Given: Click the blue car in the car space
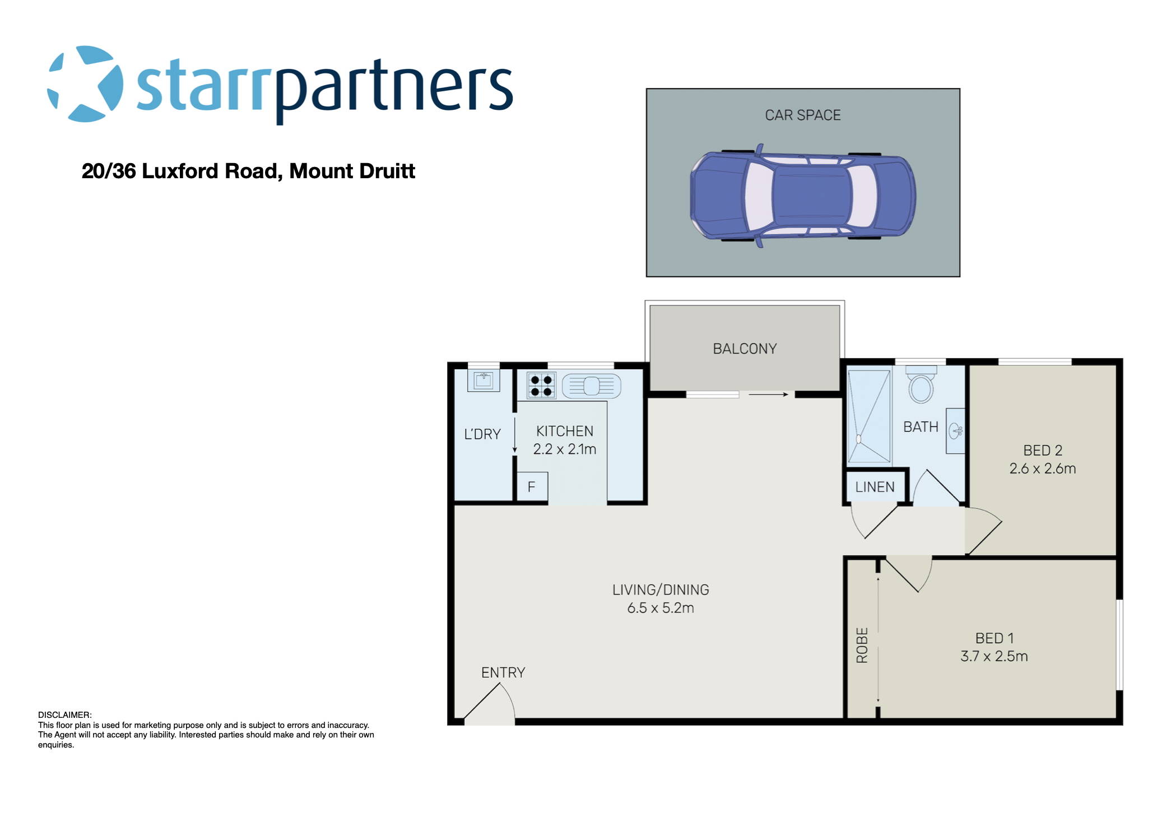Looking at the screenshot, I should [x=802, y=196].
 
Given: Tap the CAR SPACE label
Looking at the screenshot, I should [x=802, y=115].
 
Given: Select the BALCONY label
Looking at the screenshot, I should [x=745, y=349].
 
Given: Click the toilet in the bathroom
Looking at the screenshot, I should [x=921, y=386].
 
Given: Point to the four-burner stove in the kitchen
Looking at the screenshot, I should [x=541, y=386].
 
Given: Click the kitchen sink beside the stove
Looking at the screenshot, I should [x=592, y=386].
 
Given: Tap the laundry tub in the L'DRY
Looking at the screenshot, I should [x=483, y=381].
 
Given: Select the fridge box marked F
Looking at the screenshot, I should [x=531, y=487].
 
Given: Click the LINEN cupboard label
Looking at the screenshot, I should [x=875, y=488].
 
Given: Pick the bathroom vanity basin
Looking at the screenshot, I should [x=955, y=431].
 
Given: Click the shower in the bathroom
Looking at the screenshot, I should [x=868, y=416].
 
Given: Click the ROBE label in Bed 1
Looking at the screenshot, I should [x=862, y=646].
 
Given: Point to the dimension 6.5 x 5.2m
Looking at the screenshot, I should [x=661, y=608].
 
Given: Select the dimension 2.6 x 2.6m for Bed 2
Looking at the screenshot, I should [x=1042, y=469].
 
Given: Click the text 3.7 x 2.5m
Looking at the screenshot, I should [x=994, y=656].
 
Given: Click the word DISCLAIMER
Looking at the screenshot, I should [x=64, y=715].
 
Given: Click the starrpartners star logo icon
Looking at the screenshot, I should [x=85, y=84].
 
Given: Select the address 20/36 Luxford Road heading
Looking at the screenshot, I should [x=248, y=171].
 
